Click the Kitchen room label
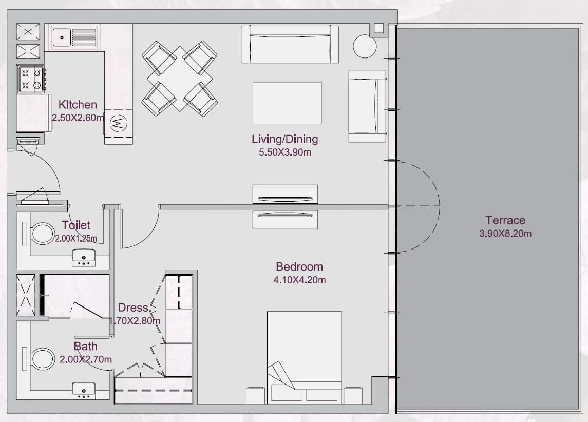pos(78,105)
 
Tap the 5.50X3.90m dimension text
pos(285,152)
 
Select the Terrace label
pos(505,220)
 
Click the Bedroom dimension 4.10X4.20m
pos(299,280)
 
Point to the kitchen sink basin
pos(62,37)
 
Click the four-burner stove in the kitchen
pos(31,79)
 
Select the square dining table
pos(180,79)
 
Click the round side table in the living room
pos(365,46)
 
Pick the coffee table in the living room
pos(287,103)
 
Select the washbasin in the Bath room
pos(84,391)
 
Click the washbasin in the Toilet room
pos(84,258)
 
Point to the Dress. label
pos(135,308)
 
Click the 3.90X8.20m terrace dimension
pos(505,234)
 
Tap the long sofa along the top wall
pos(290,44)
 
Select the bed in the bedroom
pos(304,357)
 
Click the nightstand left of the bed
pos(255,395)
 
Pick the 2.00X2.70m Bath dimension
pos(85,359)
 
